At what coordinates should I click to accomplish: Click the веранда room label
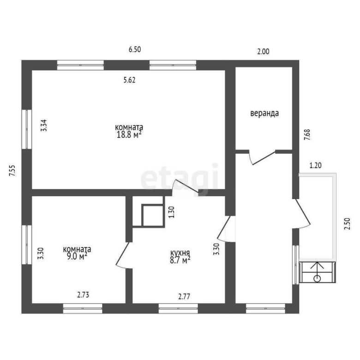[264, 114]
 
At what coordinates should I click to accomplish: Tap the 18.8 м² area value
[129, 134]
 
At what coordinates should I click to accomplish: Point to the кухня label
[180, 253]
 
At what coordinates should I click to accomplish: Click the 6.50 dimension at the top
[135, 49]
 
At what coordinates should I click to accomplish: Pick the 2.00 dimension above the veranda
[263, 51]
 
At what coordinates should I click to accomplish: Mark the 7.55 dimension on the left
[12, 171]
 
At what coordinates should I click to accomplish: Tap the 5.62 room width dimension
[130, 80]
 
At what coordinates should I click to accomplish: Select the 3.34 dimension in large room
[44, 126]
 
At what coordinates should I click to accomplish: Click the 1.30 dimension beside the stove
[172, 212]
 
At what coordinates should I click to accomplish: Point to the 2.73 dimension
[83, 295]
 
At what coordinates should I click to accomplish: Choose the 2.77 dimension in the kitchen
[184, 297]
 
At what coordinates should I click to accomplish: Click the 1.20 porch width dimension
[315, 165]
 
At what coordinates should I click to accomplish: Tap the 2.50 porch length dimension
[348, 224]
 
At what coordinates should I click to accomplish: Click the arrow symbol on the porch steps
[317, 271]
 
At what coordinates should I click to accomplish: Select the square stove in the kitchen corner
[153, 216]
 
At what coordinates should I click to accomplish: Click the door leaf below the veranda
[264, 158]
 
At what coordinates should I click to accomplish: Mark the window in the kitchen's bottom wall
[178, 308]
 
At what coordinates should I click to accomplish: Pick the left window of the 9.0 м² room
[27, 245]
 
